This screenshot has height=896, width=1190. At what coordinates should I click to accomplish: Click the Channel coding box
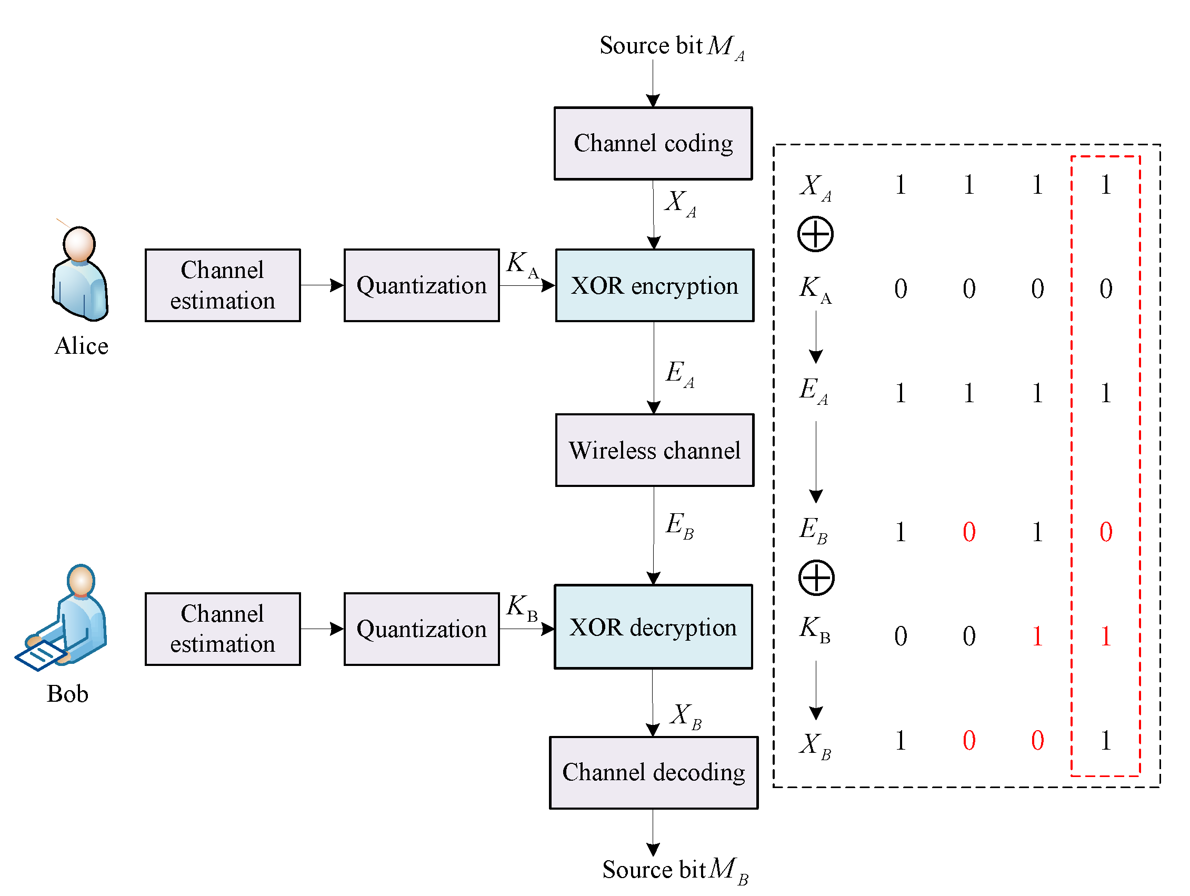653,143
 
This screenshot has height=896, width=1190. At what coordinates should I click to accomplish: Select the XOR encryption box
654,285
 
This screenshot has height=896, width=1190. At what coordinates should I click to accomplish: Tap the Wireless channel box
654,450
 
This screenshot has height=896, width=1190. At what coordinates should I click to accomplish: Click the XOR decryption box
653,627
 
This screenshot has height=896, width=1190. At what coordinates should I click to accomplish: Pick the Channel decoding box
653,772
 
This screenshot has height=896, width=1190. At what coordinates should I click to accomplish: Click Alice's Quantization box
421,285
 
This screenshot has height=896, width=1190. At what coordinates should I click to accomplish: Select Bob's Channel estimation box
222,629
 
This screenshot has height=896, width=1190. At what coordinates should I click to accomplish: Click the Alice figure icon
80,274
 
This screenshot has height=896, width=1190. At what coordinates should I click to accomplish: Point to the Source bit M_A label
672,46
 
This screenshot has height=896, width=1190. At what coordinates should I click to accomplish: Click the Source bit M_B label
674,870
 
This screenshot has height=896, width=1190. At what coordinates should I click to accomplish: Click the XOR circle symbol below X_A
815,234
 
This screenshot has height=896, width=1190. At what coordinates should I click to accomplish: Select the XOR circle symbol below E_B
816,578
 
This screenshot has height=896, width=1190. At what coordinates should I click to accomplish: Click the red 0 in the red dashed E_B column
1106,532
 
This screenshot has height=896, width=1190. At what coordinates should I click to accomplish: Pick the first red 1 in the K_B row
1037,636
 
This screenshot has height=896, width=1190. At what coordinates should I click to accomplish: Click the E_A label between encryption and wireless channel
679,373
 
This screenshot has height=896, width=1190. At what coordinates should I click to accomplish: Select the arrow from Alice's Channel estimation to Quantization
322,285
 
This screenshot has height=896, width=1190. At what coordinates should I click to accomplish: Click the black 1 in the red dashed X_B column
1106,741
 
